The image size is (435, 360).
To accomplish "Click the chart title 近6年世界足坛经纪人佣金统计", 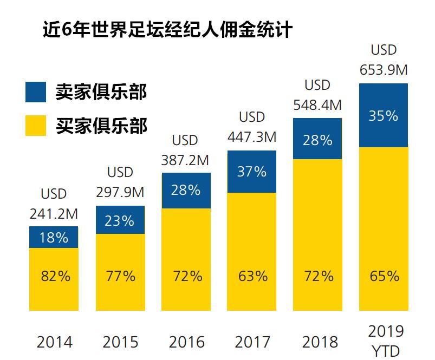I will (x=167, y=29).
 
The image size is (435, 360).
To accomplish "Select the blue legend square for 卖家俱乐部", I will (x=36, y=91).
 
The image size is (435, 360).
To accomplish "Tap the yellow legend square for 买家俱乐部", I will (x=36, y=125).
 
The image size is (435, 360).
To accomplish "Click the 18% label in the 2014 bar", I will (x=54, y=237).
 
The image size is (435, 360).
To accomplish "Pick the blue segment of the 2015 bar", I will (x=120, y=220).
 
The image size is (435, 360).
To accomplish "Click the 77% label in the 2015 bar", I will (x=120, y=276).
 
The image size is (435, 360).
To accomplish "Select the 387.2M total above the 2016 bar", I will (x=186, y=160).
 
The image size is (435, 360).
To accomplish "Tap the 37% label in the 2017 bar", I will (x=252, y=172).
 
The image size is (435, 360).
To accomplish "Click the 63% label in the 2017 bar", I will (x=252, y=276).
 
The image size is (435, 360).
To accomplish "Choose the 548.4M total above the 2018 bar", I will (x=317, y=104).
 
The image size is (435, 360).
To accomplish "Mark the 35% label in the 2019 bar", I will (x=383, y=116).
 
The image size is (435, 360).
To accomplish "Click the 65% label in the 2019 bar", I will (x=384, y=276).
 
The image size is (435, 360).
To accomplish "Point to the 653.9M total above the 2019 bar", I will (x=384, y=70).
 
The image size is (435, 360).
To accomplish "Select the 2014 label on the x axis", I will (x=54, y=342).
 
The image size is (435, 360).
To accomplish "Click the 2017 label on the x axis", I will (x=252, y=342).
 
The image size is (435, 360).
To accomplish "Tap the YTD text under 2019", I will (x=385, y=351).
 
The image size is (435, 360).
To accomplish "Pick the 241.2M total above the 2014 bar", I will (x=54, y=214).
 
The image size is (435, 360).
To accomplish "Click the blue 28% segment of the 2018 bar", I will (x=317, y=140).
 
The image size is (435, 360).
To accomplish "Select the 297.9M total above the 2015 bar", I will (x=120, y=193).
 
